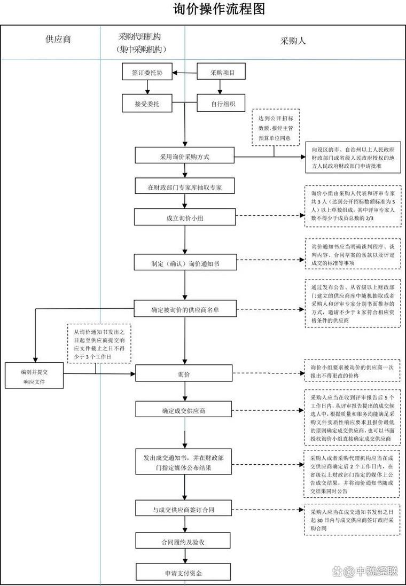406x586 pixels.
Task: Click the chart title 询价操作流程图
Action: click(x=219, y=9)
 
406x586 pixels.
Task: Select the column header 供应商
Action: click(x=58, y=39)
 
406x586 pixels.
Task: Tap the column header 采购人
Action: click(x=293, y=41)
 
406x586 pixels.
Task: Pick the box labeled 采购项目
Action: click(x=221, y=72)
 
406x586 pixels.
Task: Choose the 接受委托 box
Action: click(x=147, y=104)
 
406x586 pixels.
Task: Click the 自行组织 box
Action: click(x=221, y=104)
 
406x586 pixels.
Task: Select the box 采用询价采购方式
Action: click(x=185, y=156)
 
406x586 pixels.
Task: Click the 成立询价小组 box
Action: click(x=185, y=217)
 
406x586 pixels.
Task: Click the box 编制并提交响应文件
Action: click(x=34, y=376)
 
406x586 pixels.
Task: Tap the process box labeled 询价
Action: click(x=185, y=374)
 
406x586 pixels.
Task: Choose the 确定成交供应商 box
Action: click(x=185, y=410)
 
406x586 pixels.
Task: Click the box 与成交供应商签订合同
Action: click(x=185, y=510)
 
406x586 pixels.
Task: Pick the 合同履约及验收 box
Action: click(x=185, y=541)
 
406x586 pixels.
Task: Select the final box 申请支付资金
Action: click(x=185, y=572)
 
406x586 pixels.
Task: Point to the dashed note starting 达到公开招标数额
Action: click(x=277, y=128)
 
